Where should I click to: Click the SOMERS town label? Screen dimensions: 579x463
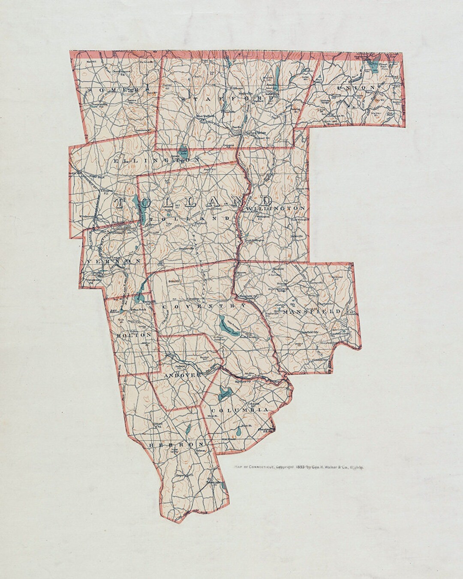tap(115, 90)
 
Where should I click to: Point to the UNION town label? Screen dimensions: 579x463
tap(358, 87)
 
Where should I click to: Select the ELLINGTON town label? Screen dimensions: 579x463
tap(157, 159)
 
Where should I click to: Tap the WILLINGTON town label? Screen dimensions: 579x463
tap(281, 208)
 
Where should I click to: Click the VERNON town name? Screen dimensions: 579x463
tap(114, 261)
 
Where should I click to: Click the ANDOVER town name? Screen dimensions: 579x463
tap(182, 375)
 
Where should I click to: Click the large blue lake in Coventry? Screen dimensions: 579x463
tap(225, 325)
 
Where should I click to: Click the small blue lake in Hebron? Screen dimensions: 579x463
tap(188, 429)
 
